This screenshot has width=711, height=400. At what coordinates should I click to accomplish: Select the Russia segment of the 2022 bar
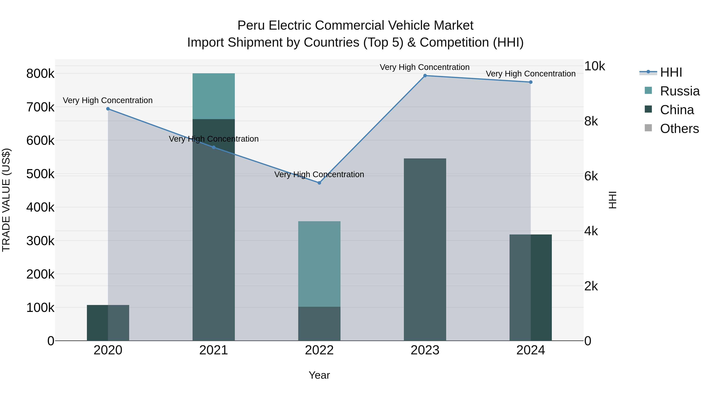click(x=319, y=264)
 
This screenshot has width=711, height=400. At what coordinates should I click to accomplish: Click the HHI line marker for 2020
click(x=108, y=109)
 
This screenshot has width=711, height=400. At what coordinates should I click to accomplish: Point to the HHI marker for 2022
click(x=319, y=183)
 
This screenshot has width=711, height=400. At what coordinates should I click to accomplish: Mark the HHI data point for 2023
click(x=425, y=76)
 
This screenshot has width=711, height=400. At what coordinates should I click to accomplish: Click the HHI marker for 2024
click(x=530, y=82)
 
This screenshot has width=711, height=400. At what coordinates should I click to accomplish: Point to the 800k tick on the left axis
click(x=40, y=74)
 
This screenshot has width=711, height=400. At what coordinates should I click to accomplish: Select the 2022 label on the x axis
click(x=319, y=350)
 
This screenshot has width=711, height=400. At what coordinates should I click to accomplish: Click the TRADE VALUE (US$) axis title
click(x=6, y=200)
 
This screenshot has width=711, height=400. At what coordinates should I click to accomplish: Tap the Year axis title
click(x=319, y=375)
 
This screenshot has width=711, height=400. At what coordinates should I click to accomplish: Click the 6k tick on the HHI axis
click(x=591, y=176)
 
